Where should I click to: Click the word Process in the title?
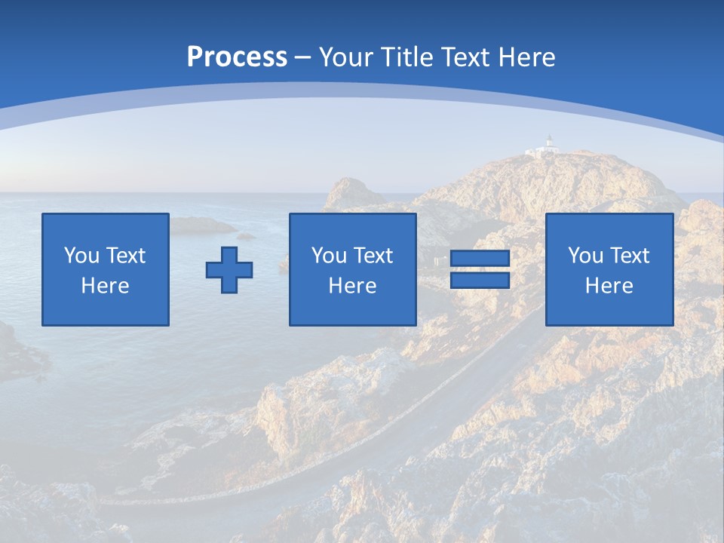coord(237,57)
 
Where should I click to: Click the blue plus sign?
coord(229,270)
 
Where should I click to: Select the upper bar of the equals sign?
coord(480,259)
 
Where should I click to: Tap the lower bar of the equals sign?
coord(480,281)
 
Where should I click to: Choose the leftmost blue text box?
coord(106,270)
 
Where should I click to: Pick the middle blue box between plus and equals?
coord(352,270)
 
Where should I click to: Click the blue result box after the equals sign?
coord(609,270)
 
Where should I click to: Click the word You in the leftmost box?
coord(81,256)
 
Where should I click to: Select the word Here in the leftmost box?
coord(106,286)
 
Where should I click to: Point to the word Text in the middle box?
coord(374,256)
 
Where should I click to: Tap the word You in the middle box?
coord(329,256)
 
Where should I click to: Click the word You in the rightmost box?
coord(585,256)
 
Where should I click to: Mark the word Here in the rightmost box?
coord(609,286)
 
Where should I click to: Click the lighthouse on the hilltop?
coord(549,144)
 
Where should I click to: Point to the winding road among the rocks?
coord(422,422)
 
